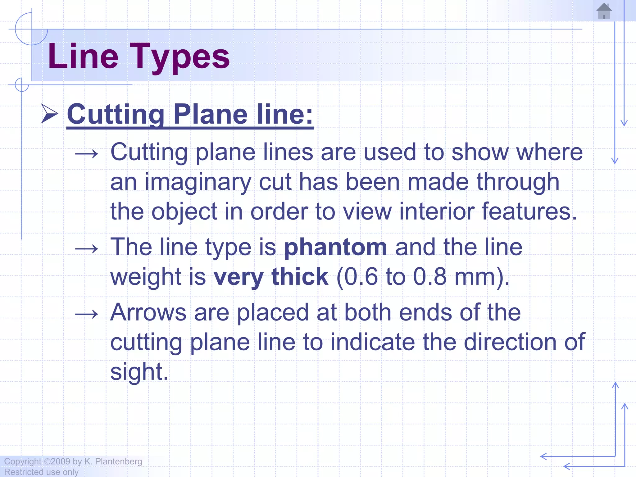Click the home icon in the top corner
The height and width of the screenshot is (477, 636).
(604, 11)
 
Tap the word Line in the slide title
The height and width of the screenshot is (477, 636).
(83, 57)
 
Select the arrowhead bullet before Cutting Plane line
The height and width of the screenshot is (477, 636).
(49, 114)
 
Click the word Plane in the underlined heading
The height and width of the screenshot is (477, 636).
(210, 114)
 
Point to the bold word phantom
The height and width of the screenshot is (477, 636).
(335, 248)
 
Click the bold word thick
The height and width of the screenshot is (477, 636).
(300, 277)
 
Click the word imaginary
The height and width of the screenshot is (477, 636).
(198, 182)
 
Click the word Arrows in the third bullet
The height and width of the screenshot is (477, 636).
(148, 312)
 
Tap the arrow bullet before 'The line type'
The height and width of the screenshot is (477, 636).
(87, 249)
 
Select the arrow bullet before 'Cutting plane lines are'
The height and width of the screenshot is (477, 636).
(87, 154)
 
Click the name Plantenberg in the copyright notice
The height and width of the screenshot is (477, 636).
(118, 461)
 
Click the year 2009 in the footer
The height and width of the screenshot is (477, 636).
(60, 461)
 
